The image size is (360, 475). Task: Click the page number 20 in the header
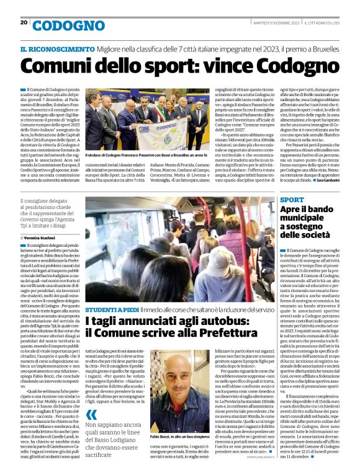tap(24, 22)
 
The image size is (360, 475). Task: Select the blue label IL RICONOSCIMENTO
tap(57, 49)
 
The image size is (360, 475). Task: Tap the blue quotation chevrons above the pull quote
tap(92, 415)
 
